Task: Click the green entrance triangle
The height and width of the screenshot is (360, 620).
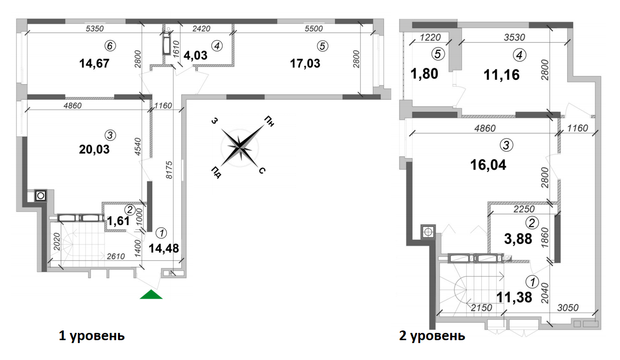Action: click(x=151, y=295)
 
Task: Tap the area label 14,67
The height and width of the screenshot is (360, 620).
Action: click(x=95, y=63)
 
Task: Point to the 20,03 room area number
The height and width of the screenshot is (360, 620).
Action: click(x=94, y=150)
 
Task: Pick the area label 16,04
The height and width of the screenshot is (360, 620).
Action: click(x=488, y=165)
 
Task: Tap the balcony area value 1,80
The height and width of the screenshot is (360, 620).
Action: click(x=424, y=75)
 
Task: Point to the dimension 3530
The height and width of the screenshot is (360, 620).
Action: click(x=514, y=37)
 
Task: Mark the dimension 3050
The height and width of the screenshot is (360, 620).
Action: click(x=569, y=307)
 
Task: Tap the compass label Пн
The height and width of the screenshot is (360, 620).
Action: click(x=269, y=121)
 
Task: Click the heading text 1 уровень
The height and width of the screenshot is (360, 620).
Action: click(x=92, y=335)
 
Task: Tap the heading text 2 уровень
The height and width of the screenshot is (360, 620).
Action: click(x=432, y=335)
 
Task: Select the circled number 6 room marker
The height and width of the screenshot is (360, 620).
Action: click(x=111, y=46)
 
